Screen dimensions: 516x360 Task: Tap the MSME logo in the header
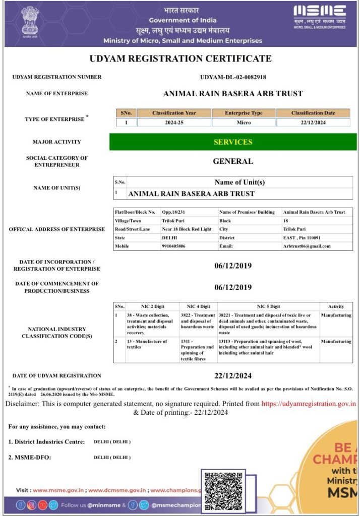click(320, 17)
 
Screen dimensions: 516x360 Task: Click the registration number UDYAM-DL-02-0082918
click(233, 77)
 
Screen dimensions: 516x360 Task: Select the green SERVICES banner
click(232, 142)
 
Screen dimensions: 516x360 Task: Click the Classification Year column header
click(174, 113)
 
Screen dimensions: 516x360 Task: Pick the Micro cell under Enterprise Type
click(244, 122)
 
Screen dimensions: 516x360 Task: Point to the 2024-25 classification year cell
click(174, 122)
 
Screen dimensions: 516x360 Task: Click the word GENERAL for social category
click(233, 162)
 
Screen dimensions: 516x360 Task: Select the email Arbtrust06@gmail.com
click(307, 246)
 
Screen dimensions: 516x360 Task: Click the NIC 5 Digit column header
click(268, 306)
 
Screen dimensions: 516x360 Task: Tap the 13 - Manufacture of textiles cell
click(147, 345)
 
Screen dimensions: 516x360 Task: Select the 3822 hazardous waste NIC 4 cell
click(198, 321)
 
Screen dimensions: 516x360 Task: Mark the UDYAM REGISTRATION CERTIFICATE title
click(181, 58)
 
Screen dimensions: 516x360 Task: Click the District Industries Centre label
click(46, 442)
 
